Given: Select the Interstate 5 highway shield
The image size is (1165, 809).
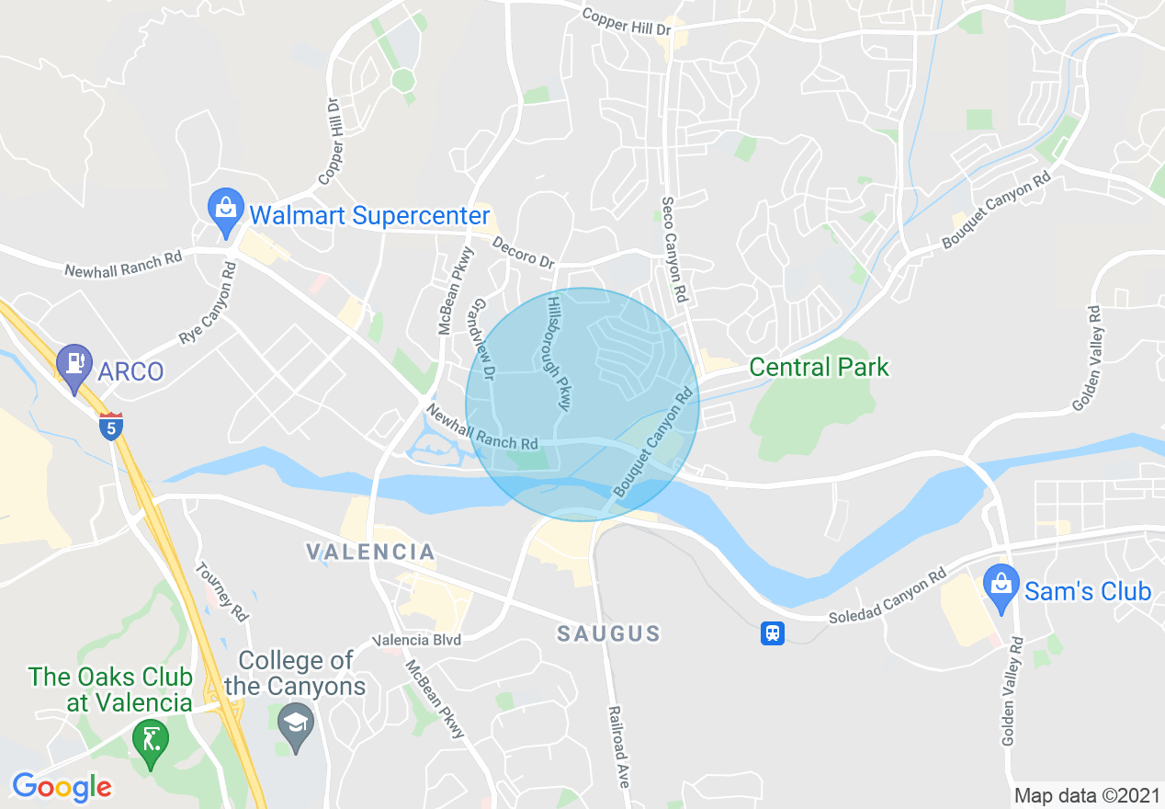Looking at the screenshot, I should pyautogui.click(x=111, y=427).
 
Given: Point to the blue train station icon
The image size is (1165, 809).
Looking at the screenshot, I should pyautogui.click(x=773, y=633).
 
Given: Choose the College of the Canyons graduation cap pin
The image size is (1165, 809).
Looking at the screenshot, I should pyautogui.click(x=297, y=726).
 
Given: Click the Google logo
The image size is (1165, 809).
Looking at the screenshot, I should pyautogui.click(x=62, y=788).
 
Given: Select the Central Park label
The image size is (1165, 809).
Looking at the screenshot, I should pyautogui.click(x=819, y=368).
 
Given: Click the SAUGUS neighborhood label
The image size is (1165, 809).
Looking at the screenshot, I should pyautogui.click(x=609, y=633).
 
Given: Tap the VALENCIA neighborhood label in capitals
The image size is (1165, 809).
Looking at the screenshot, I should pyautogui.click(x=370, y=552).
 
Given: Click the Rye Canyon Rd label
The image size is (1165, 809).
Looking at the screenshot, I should pyautogui.click(x=209, y=303).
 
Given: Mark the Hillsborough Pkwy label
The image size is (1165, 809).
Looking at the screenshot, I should pyautogui.click(x=560, y=353).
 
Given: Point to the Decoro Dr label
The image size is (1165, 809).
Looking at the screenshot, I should pyautogui.click(x=524, y=254).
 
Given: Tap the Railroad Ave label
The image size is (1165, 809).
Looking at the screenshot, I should pyautogui.click(x=618, y=746).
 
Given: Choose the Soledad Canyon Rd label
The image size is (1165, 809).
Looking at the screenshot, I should pyautogui.click(x=887, y=597).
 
